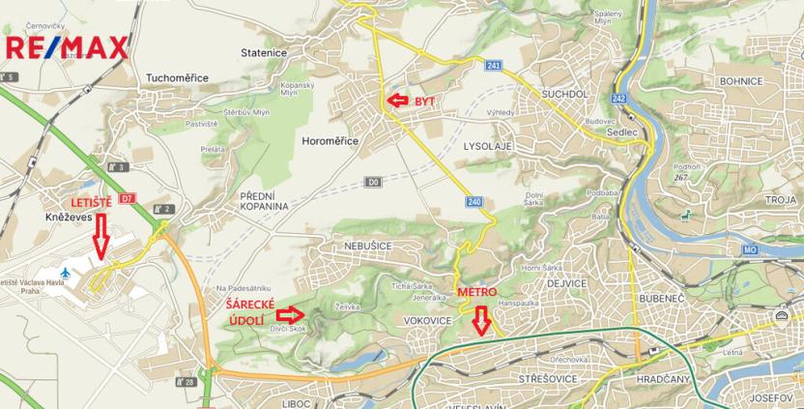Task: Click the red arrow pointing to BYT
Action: [397, 100]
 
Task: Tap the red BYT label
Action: [424, 101]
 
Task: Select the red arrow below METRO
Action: [480, 319]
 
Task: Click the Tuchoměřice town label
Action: [178, 78]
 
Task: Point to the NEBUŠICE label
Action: [368, 247]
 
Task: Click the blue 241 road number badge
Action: [494, 65]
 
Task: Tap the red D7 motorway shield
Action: [128, 199]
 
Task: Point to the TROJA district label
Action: [778, 199]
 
